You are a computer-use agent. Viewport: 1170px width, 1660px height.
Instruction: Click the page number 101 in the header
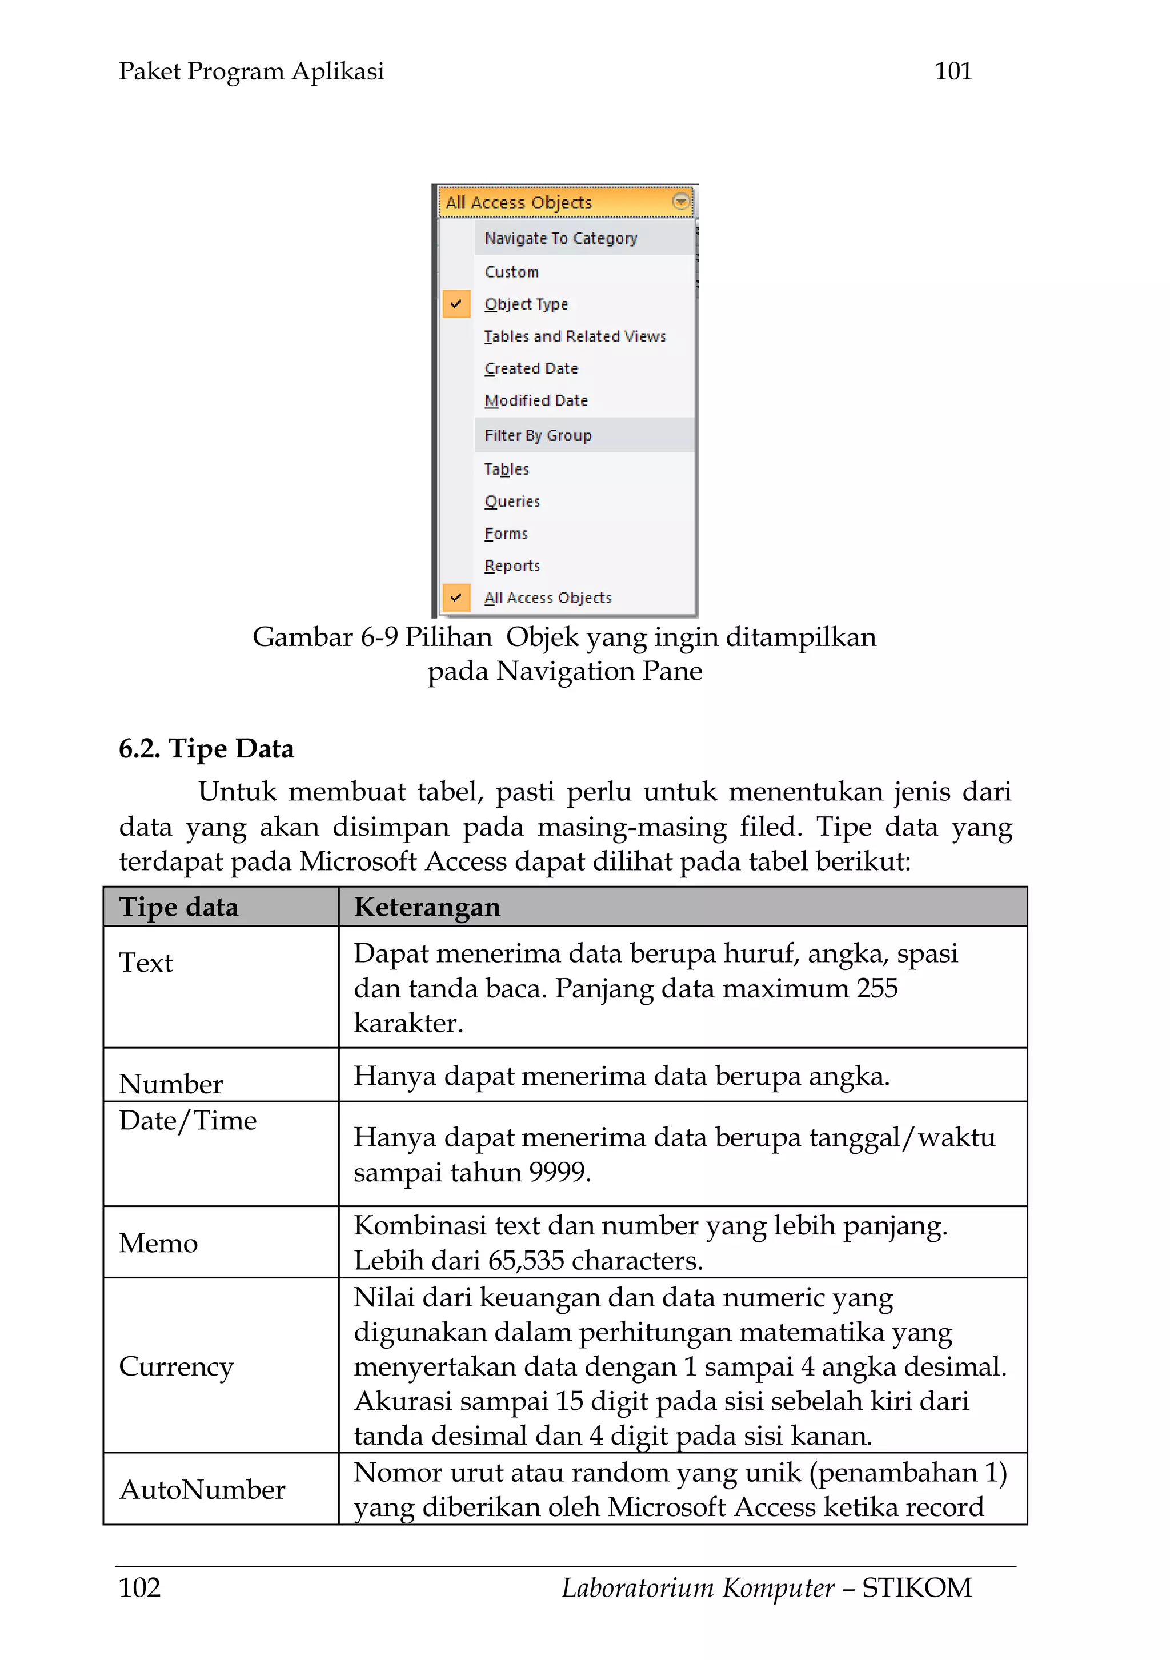coord(952,71)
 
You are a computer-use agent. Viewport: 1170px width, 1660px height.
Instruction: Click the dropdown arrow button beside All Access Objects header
coord(680,201)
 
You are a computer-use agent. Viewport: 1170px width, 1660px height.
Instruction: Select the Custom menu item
coord(511,272)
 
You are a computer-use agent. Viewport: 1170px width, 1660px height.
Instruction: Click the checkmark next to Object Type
coord(455,304)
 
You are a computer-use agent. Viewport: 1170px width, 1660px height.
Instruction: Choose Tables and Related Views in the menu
coord(574,336)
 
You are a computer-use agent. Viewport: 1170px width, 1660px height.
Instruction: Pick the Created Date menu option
coord(531,368)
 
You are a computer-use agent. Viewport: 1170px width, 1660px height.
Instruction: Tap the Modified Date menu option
coord(536,400)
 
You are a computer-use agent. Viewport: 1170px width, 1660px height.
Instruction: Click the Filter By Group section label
coord(538,435)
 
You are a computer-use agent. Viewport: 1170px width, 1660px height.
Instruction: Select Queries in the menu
coord(512,501)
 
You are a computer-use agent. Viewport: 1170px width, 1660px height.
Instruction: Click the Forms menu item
coord(506,534)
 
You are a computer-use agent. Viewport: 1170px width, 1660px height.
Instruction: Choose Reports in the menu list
coord(512,566)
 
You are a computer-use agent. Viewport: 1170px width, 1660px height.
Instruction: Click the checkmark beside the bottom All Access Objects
coord(455,597)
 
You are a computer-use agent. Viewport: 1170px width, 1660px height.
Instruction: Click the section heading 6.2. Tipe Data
coord(206,748)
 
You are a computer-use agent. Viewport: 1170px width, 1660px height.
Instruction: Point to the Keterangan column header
coord(427,907)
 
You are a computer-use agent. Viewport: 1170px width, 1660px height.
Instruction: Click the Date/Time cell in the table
coord(187,1120)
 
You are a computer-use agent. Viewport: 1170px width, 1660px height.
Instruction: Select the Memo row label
coord(158,1243)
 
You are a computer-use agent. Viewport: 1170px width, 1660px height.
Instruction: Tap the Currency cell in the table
coord(176,1366)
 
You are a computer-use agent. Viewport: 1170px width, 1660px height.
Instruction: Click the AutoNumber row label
coord(202,1489)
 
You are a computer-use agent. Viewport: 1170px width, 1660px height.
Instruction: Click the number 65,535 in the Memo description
coord(525,1260)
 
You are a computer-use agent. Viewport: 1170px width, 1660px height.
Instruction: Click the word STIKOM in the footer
coord(916,1587)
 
